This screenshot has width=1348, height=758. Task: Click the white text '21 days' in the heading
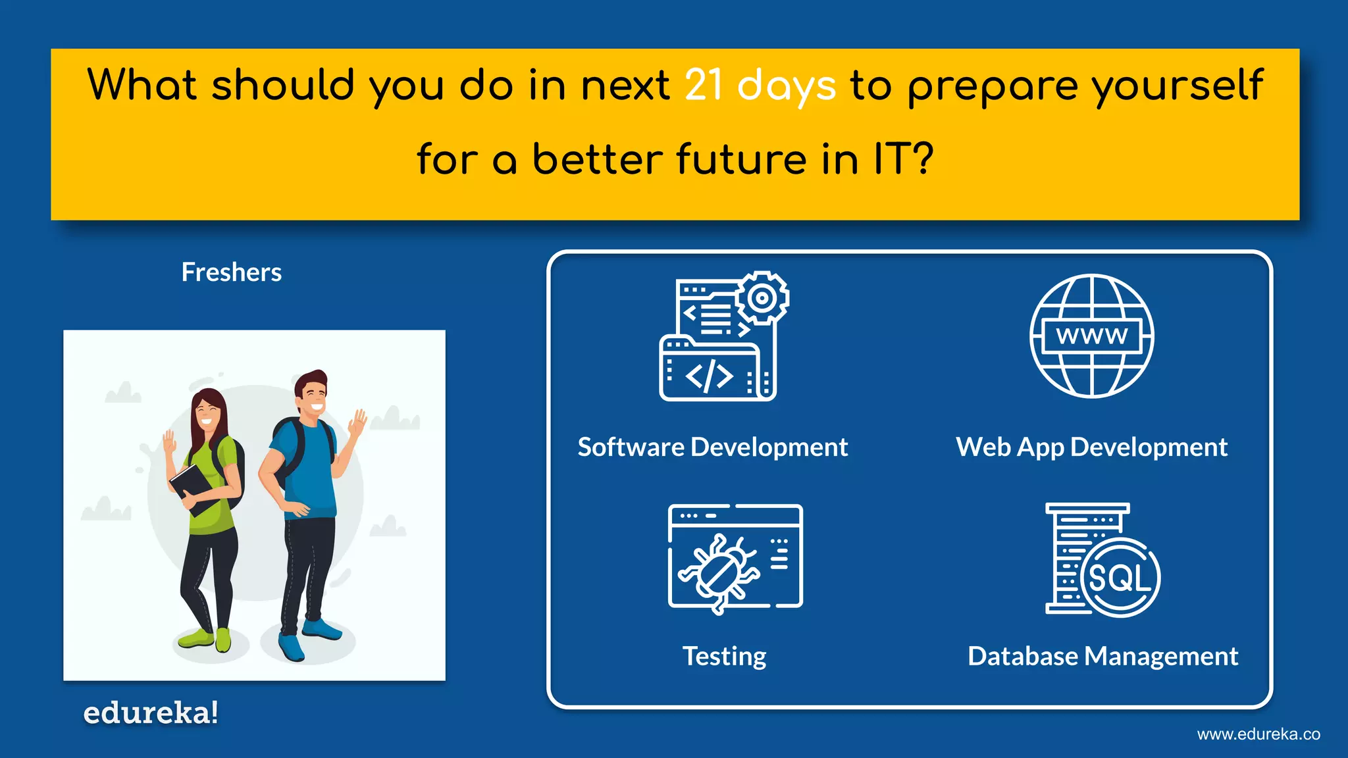760,86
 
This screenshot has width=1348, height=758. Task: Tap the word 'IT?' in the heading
902,159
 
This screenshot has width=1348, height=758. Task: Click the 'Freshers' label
231,272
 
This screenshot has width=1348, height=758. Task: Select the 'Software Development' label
712,447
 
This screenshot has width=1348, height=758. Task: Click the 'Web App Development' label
1091,447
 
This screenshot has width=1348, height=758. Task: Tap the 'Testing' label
724,656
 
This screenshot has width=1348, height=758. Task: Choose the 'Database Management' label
1102,656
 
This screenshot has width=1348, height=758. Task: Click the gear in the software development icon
762,298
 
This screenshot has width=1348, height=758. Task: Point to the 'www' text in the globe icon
1091,336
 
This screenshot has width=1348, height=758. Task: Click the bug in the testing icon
719,569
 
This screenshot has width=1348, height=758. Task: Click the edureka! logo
151,713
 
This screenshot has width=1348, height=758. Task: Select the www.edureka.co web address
1258,734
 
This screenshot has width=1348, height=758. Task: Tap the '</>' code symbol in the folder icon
709,376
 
